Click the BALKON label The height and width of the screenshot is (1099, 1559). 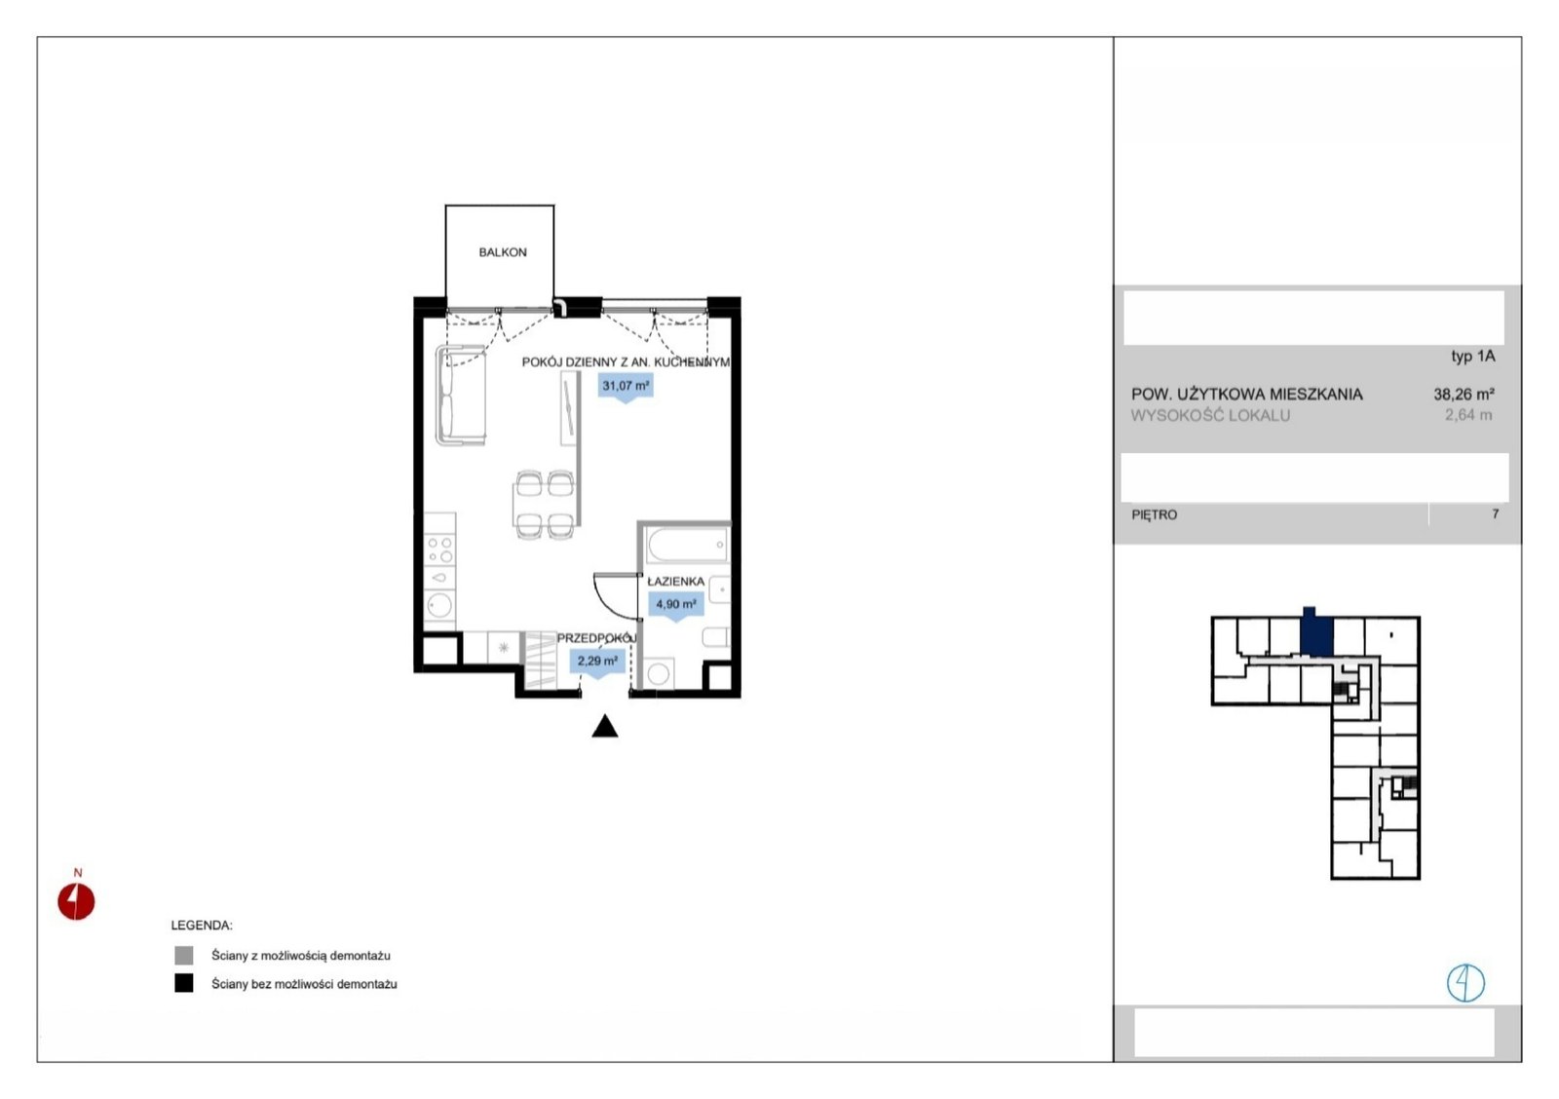tap(503, 252)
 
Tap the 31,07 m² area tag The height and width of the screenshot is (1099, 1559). tap(626, 386)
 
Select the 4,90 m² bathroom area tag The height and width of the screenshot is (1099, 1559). tap(676, 605)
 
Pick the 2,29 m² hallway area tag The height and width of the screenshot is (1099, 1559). tap(597, 662)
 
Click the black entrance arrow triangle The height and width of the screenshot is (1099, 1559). tap(605, 726)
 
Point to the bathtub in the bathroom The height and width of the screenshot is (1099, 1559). tap(687, 545)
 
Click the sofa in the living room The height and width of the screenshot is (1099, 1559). tap(461, 395)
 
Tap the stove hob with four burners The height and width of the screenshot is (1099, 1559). tap(439, 549)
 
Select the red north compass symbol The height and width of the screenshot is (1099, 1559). tap(76, 901)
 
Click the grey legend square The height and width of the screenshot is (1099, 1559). tap(184, 955)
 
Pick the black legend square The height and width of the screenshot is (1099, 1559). tap(184, 983)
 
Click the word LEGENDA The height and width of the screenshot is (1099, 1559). tap(202, 925)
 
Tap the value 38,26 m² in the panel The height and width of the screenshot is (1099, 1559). tap(1464, 394)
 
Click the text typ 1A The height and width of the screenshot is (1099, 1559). tap(1472, 356)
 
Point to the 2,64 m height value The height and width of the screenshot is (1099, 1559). tap(1468, 415)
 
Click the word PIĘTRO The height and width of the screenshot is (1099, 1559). tap(1155, 515)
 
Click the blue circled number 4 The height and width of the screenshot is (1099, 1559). tap(1465, 983)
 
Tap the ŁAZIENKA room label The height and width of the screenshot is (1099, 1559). tap(676, 582)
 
